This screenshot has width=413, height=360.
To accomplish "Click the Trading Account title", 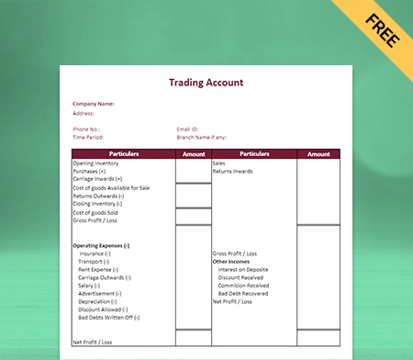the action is coord(206,83).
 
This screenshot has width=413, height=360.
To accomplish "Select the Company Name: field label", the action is coord(94,104).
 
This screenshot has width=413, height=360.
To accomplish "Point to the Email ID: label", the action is coord(189,129).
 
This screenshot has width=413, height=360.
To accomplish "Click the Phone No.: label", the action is coord(87,129).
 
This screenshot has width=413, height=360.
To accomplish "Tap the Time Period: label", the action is coord(88,137).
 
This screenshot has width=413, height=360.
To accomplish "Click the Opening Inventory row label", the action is coord(95,163).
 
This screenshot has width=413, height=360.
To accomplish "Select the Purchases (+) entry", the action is coord(90,171).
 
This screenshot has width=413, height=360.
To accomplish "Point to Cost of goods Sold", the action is coord(96,213).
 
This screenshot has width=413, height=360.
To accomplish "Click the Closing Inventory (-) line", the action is coord(97,203).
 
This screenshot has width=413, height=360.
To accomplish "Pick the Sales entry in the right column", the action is coord(219,163).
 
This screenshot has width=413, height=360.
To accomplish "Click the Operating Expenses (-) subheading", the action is coord(101,245).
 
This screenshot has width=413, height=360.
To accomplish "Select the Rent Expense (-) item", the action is coord(98,269).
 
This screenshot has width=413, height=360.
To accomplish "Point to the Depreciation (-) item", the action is coord(97,301).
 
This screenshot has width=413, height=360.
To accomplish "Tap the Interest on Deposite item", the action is coord(244,269).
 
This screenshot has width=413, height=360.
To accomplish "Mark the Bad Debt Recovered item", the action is coord(243,293).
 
